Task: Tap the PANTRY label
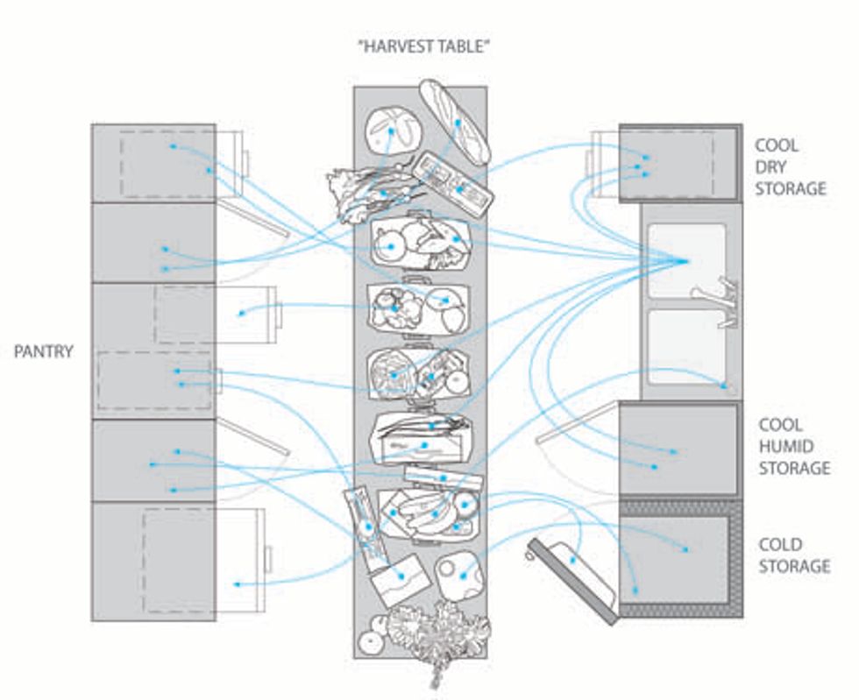(x=44, y=352)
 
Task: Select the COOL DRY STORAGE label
(x=791, y=166)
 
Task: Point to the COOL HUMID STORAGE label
(x=793, y=445)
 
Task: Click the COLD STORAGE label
(x=793, y=555)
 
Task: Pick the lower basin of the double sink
(x=685, y=346)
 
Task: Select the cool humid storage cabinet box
(x=679, y=449)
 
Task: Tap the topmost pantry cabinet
(x=153, y=163)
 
